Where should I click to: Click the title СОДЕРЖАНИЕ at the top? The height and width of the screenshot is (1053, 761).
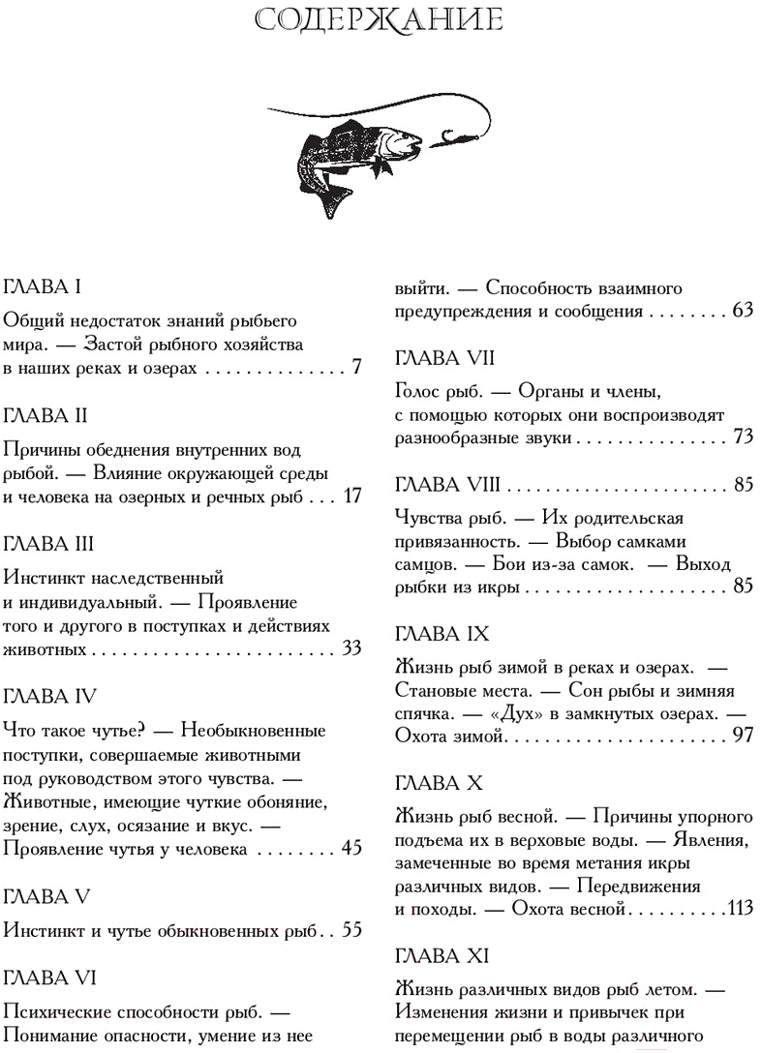point(380,21)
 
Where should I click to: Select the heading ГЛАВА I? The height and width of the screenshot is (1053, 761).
point(47,287)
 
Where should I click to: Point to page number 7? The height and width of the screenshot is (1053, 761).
point(356,368)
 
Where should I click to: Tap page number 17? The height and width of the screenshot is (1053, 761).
point(352,496)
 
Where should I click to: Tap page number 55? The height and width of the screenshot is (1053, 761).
point(352,930)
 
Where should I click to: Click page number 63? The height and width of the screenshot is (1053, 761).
point(744,312)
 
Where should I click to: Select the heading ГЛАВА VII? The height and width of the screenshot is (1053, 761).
point(445,358)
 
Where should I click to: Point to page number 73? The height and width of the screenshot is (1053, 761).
point(744,437)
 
